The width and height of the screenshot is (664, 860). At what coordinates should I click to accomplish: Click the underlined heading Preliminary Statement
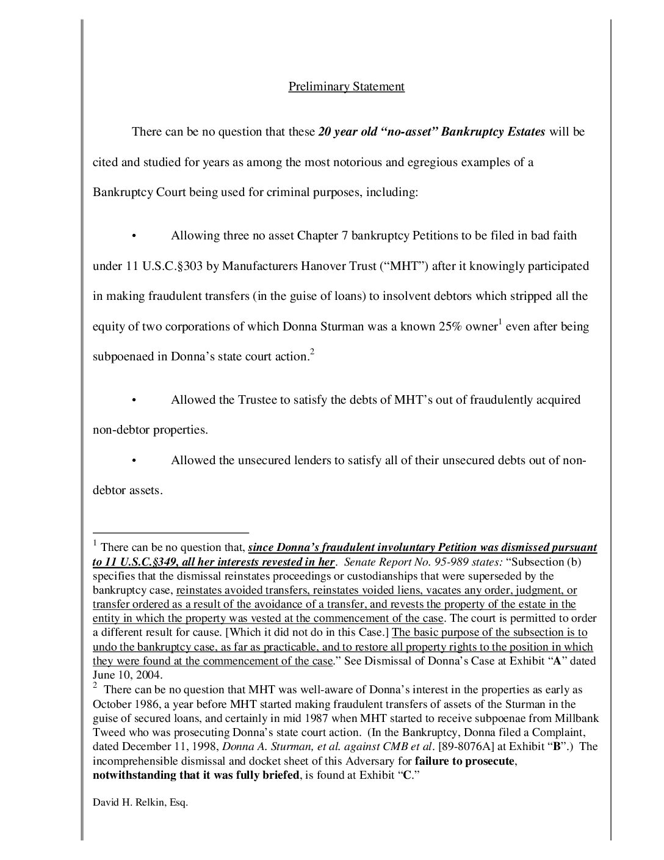click(346, 86)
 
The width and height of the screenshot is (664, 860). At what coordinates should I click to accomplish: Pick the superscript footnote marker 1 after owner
click(500, 322)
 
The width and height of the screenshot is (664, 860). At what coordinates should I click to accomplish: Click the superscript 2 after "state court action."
click(312, 352)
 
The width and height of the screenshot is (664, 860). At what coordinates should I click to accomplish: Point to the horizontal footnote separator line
click(171, 533)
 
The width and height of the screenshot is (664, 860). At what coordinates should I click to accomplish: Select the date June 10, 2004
click(128, 675)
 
